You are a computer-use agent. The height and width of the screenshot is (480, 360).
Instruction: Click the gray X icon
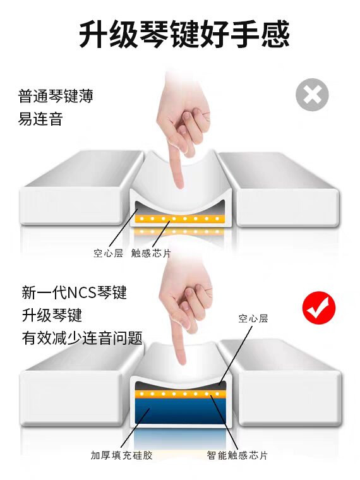312,95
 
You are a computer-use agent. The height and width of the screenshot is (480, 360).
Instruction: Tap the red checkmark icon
319,308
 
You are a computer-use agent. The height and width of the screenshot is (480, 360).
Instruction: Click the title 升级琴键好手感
184,34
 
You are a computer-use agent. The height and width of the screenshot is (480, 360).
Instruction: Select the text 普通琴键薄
56,96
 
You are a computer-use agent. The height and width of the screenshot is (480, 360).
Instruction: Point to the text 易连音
40,119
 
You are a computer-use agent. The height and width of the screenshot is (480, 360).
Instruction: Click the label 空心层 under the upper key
108,253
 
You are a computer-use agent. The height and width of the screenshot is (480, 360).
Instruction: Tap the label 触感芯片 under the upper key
151,253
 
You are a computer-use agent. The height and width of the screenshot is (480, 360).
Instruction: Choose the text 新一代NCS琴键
74,292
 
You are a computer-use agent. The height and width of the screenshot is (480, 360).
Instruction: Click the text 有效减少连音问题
82,339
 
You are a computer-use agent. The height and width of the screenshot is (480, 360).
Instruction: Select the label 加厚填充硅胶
121,455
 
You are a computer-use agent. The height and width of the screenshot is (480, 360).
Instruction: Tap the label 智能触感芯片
237,455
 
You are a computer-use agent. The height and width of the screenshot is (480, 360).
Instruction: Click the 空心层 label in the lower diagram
253,319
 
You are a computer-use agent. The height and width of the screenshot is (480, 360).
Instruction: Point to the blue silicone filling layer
181,411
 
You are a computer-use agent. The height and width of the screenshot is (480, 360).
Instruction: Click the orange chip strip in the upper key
180,219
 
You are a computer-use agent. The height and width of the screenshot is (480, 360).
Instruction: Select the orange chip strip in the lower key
181,393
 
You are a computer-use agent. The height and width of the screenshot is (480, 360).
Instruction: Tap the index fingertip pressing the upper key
179,184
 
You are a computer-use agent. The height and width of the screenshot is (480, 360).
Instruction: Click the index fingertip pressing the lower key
183,361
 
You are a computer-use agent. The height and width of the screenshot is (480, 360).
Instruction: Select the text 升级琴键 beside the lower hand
52,315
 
